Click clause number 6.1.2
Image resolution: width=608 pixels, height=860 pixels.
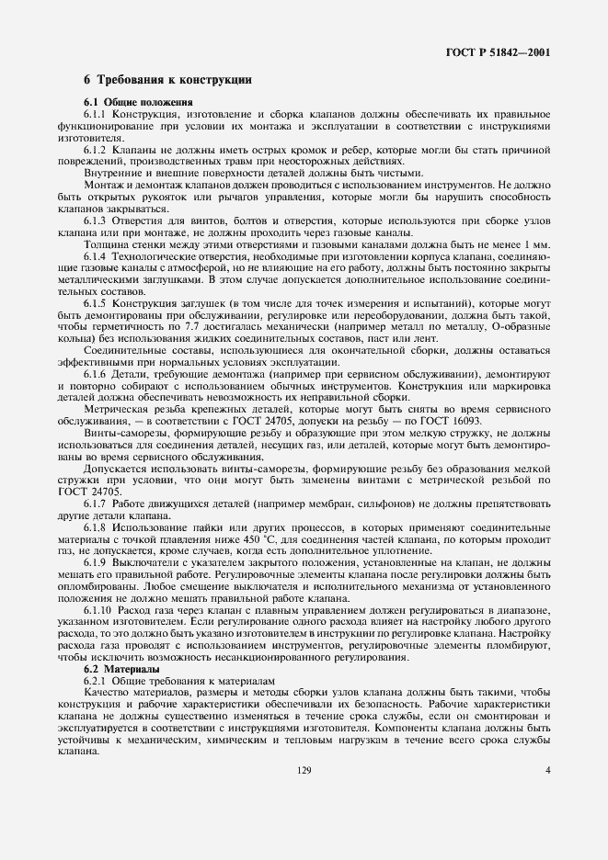pyautogui.click(x=97, y=149)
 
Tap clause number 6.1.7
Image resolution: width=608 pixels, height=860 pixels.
pyautogui.click(x=97, y=507)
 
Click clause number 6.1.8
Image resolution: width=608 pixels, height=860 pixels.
pyautogui.click(x=97, y=531)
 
